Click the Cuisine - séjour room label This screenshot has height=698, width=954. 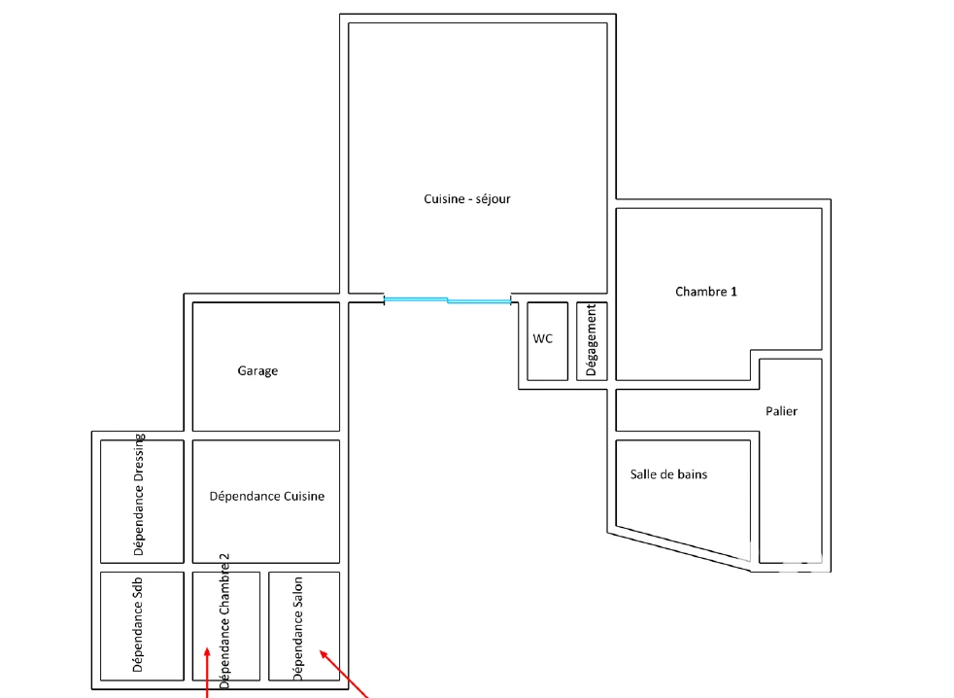point(467,199)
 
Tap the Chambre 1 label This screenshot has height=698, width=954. point(705,292)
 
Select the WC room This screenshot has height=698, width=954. point(548,341)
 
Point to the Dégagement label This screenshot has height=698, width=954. point(591,340)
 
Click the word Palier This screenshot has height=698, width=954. point(781,411)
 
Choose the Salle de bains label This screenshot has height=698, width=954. point(668,474)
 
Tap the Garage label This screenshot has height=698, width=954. point(257,371)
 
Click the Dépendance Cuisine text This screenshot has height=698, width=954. point(266,497)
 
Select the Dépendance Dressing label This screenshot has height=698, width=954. point(139,495)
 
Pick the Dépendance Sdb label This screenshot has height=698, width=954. point(138,624)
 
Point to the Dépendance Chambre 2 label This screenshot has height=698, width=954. point(223,621)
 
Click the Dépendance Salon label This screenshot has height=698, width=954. point(297,629)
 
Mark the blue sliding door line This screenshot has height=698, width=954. point(447,300)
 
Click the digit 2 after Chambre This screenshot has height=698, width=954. point(223,557)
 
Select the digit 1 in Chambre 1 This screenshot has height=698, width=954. point(733,292)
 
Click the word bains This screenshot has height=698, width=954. point(692,474)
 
